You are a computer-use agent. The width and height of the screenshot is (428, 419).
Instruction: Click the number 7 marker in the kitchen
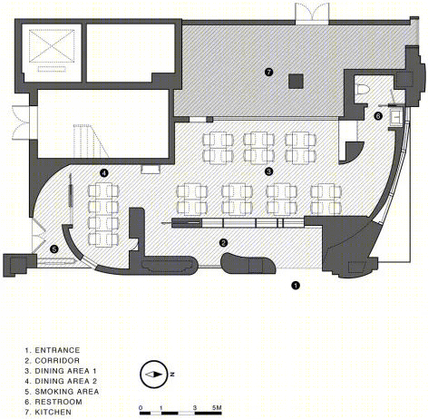(268, 72)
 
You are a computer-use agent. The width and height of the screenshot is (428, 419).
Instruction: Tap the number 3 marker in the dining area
(268, 171)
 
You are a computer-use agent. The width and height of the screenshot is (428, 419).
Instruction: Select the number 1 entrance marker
(296, 285)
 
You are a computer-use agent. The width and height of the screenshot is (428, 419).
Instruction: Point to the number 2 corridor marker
(223, 242)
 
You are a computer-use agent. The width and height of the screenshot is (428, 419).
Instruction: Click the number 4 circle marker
(103, 173)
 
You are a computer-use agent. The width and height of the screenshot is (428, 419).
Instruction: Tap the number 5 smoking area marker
(54, 249)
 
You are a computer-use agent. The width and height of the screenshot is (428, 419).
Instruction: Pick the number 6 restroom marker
(378, 116)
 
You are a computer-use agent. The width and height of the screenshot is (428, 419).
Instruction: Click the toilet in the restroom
(363, 90)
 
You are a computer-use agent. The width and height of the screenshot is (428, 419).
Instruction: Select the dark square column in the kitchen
(296, 81)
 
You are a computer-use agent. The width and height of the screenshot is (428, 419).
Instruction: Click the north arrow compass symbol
(154, 375)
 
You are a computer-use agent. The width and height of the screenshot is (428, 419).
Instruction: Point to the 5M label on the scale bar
(217, 407)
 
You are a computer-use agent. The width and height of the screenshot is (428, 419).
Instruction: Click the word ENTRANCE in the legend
(57, 350)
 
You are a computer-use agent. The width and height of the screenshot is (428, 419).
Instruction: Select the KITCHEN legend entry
(48, 412)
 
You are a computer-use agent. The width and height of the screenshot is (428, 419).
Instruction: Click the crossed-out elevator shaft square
(52, 45)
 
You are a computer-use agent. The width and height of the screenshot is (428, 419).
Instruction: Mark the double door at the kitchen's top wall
(311, 14)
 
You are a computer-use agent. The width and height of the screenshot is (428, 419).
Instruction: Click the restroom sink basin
(395, 115)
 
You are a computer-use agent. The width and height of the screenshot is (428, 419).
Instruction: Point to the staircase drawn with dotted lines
(91, 141)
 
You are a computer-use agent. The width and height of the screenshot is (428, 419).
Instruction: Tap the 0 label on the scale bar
(141, 408)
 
